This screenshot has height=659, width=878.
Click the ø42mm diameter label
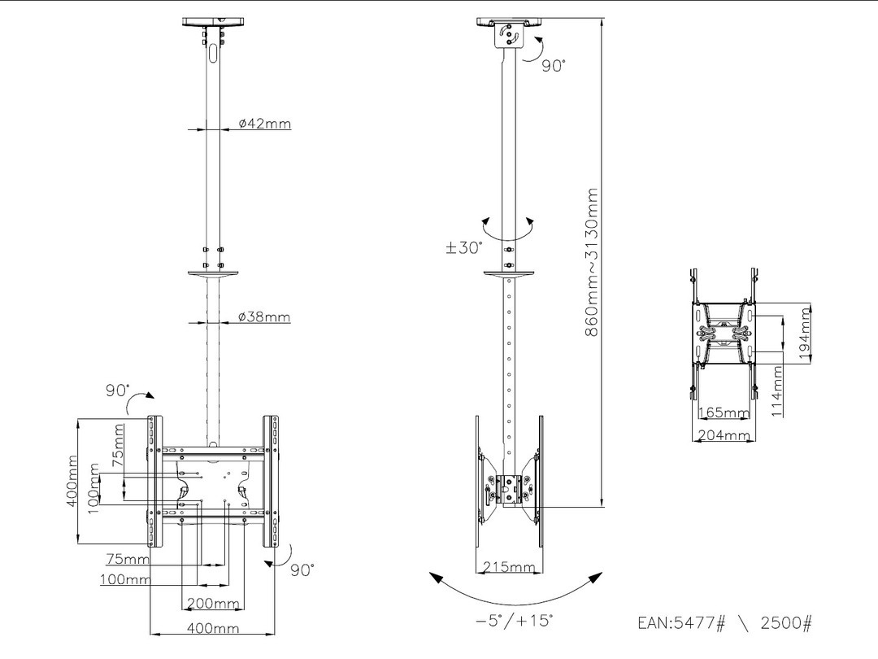[264, 124]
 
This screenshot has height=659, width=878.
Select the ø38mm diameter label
[264, 317]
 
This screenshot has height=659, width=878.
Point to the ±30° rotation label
[464, 247]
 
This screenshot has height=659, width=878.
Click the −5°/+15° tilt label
[514, 621]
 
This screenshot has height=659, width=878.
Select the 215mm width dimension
[509, 566]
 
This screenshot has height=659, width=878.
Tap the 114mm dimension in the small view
[778, 391]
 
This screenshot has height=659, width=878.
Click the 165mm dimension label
[724, 413]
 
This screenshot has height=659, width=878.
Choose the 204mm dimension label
[724, 435]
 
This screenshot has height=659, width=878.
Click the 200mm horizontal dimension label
[214, 604]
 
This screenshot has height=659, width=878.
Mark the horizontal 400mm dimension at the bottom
[214, 628]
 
